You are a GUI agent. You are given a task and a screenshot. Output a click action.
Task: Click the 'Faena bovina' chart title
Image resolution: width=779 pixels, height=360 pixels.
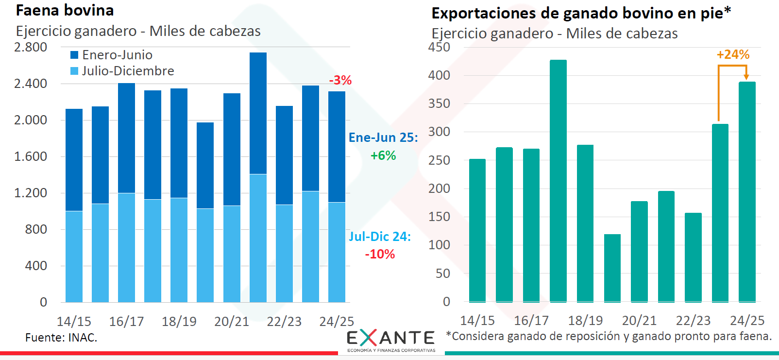(65, 10)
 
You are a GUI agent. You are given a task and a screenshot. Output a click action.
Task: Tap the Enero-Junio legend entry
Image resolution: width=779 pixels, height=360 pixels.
(111, 55)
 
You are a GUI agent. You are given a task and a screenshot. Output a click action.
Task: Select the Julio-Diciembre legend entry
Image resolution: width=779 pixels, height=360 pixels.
(122, 71)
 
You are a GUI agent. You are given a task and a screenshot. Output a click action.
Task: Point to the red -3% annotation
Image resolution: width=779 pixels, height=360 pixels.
(340, 80)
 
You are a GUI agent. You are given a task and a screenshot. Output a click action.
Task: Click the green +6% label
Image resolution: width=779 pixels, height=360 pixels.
(383, 155)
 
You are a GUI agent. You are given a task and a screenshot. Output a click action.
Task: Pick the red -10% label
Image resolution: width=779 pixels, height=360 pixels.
(380, 254)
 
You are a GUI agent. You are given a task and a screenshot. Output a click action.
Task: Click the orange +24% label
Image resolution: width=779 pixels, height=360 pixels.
(733, 54)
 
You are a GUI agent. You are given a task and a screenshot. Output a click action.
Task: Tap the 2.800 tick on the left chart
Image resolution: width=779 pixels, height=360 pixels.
(31, 47)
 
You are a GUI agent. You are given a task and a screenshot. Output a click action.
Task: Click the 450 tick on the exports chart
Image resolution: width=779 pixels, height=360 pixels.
(439, 47)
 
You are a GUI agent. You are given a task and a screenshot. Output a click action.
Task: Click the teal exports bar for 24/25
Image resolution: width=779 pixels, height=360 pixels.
(747, 192)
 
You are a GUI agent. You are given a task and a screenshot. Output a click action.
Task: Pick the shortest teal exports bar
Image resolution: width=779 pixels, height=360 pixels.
(612, 268)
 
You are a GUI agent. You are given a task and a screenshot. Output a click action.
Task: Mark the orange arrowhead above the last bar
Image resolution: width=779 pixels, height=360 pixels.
(746, 77)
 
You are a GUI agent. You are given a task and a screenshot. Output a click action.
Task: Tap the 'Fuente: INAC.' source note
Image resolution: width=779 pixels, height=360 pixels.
(61, 338)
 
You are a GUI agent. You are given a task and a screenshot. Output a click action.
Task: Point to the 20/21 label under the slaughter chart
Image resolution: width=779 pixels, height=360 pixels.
(232, 322)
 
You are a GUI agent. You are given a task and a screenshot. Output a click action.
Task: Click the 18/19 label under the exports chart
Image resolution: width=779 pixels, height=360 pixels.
(585, 321)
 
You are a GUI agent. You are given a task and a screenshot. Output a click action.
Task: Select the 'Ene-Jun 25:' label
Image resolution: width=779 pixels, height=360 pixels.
(383, 137)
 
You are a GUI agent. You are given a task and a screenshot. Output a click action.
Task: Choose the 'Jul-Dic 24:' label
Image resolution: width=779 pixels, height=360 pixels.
(380, 237)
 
